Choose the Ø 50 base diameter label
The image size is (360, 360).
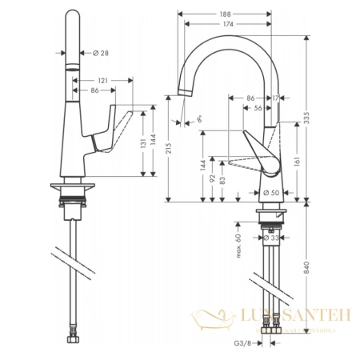(268, 193)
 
